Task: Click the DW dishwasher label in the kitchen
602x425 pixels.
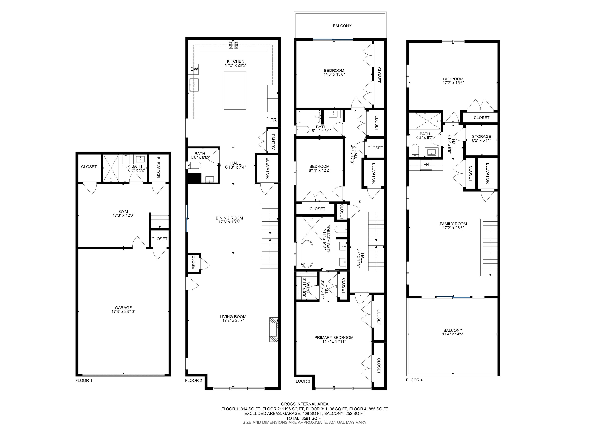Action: click(194, 69)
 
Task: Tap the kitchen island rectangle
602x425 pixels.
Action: click(235, 91)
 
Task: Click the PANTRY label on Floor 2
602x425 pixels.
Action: click(273, 141)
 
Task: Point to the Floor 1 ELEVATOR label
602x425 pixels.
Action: click(158, 167)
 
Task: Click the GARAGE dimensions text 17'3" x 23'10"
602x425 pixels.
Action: click(123, 312)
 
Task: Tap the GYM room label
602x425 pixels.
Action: click(123, 212)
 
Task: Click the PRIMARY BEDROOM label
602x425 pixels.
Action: click(334, 337)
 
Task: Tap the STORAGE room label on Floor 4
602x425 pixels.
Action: click(481, 136)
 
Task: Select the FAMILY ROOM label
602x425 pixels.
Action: click(453, 224)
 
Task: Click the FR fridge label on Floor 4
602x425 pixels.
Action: click(426, 165)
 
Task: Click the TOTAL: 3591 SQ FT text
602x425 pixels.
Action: click(305, 418)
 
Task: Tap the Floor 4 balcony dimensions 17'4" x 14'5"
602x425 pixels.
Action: click(453, 334)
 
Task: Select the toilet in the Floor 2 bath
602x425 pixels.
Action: click(194, 165)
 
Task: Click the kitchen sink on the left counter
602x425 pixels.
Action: click(194, 85)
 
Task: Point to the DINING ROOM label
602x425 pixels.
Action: click(229, 218)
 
